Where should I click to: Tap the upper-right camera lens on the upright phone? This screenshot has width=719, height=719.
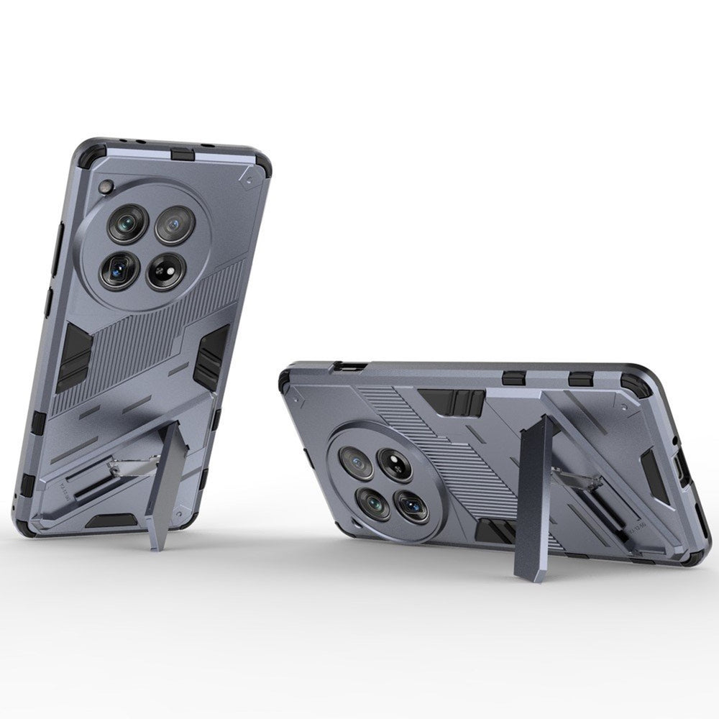171,224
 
